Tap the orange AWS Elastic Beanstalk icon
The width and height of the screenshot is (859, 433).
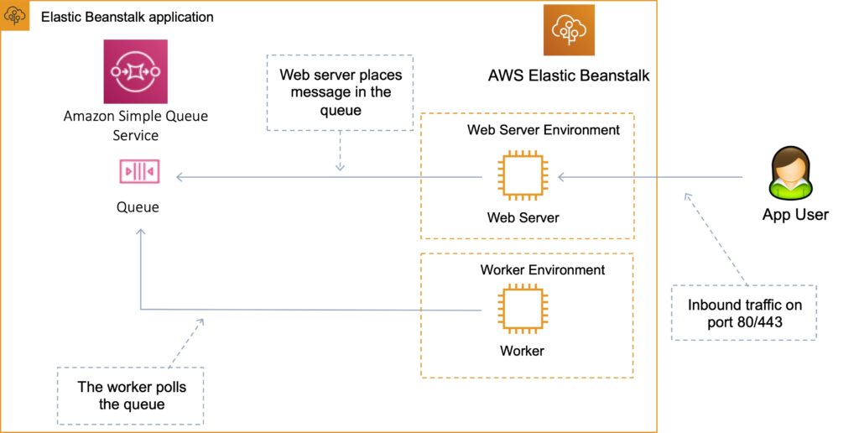coord(569,30)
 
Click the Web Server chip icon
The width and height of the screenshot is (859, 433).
coord(522,177)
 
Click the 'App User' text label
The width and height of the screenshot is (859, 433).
coord(794,215)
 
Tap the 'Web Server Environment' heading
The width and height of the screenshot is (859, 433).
coord(543,130)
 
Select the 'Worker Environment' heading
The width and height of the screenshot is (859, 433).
coord(542,270)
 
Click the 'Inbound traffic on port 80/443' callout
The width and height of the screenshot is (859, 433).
coord(743,313)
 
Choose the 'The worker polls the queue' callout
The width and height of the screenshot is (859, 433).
coord(130,395)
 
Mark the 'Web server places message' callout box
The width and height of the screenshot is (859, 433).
coord(341,92)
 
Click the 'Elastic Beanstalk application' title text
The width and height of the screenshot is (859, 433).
coord(127,17)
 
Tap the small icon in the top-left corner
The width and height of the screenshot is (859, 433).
coord(15,15)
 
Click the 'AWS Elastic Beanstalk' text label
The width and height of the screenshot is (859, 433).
coord(568,76)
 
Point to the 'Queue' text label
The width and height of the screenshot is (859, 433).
coord(137,206)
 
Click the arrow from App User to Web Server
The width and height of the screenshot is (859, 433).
coord(650,177)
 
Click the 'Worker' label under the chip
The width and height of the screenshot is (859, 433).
coord(522,351)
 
